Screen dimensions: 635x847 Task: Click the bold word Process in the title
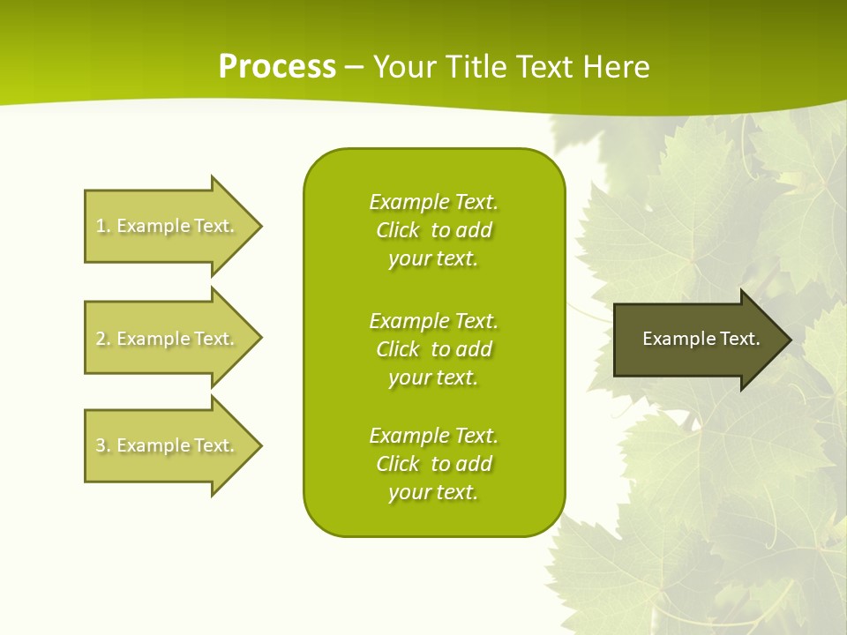pyautogui.click(x=277, y=66)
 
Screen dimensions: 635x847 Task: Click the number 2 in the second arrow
pyautogui.click(x=101, y=339)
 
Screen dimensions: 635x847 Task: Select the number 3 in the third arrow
pyautogui.click(x=101, y=445)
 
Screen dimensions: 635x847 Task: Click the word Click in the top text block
pyautogui.click(x=397, y=230)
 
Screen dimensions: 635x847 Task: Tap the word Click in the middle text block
pyautogui.click(x=397, y=349)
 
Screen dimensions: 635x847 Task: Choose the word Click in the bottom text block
pyautogui.click(x=397, y=464)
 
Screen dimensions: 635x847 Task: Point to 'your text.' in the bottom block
pyautogui.click(x=433, y=492)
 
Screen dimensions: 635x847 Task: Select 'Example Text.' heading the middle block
pyautogui.click(x=433, y=321)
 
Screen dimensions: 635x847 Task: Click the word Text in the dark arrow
pyautogui.click(x=739, y=339)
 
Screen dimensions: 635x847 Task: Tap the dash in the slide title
pyautogui.click(x=355, y=67)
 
